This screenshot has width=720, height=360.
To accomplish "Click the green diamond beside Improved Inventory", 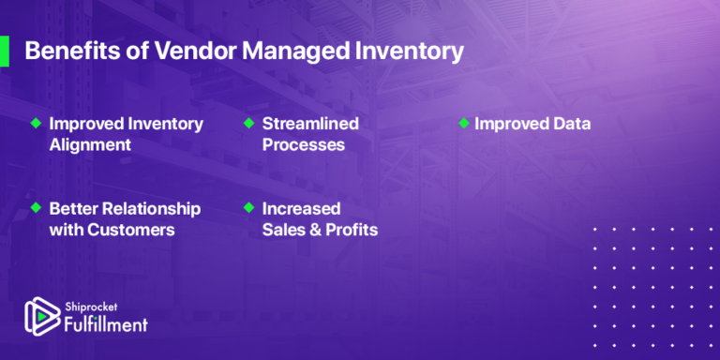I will (36, 124).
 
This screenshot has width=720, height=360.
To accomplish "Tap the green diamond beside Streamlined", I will (248, 124).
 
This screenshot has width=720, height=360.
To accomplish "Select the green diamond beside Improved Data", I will (462, 124).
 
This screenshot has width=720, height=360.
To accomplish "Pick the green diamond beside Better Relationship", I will (36, 208).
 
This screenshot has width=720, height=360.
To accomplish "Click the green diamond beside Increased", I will (248, 208).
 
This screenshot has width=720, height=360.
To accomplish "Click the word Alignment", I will (90, 145).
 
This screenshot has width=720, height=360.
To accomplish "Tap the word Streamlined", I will (310, 124).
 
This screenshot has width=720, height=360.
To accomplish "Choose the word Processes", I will (303, 145).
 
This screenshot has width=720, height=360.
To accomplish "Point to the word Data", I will (570, 124).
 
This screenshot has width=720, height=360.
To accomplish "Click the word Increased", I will (300, 208).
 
